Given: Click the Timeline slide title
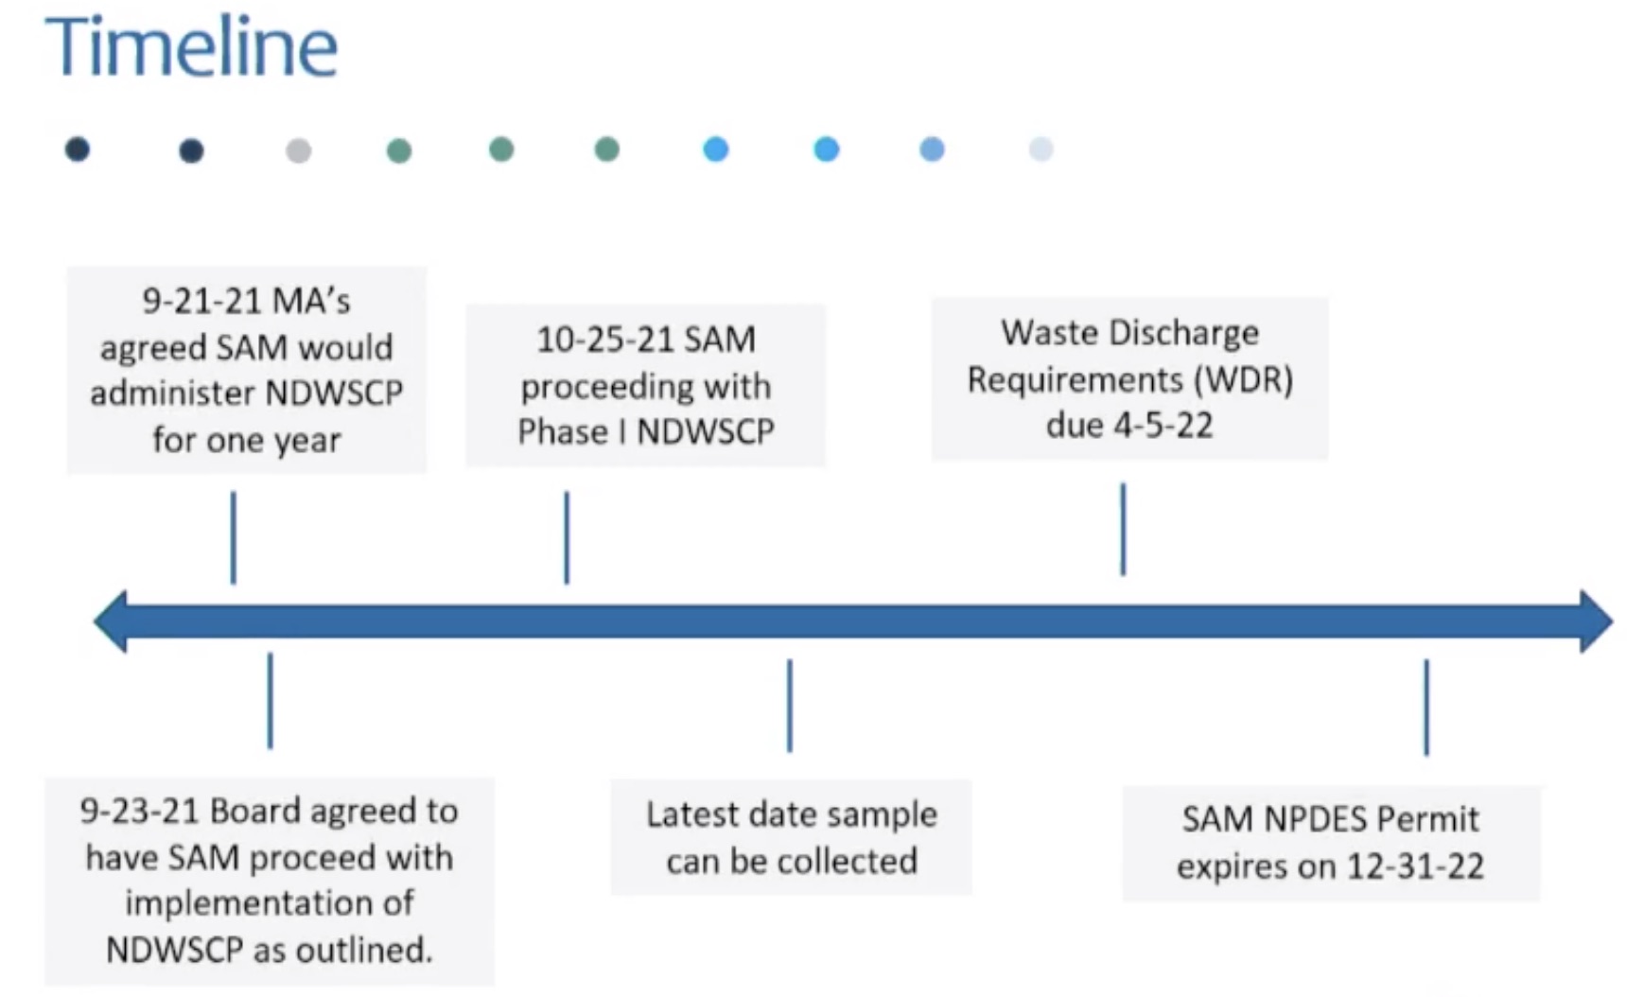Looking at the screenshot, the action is coord(191,46).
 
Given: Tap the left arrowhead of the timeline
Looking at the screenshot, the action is coord(110,621).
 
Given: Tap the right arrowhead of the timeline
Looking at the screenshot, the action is coord(1596,621).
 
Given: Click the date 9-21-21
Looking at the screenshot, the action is coord(201,301).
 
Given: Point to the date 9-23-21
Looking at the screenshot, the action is coord(139,811).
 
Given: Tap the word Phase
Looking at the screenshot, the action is coord(563,431).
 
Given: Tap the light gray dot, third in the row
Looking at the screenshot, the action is coord(298,150).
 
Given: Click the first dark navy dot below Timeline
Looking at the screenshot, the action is coord(78,149).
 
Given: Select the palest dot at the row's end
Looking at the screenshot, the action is coord(1041,149).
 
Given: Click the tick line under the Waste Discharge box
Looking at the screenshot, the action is coord(1123,529).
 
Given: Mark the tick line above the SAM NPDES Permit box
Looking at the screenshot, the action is coord(1426,708).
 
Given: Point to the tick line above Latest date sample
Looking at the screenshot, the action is coord(790,706).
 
